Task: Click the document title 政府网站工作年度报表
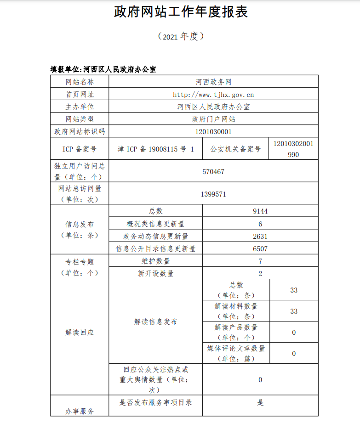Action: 181,12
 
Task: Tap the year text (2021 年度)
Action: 180,37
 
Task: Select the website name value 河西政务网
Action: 213,82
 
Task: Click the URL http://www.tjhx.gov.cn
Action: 213,95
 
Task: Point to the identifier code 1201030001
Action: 213,131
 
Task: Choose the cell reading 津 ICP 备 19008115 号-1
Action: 156,149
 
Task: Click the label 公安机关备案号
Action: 235,149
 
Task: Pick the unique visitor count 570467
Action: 213,171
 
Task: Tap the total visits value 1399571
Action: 213,194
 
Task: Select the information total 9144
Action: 260,211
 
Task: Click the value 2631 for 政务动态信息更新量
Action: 260,237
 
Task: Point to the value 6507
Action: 260,249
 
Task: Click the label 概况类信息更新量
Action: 156,224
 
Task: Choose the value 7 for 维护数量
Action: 260,261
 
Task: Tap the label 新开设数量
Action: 156,274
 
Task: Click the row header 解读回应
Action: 80,332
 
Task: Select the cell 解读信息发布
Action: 156,322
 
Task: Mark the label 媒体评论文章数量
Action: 236,349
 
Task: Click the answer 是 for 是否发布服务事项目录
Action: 260,403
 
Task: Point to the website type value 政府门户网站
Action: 213,119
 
